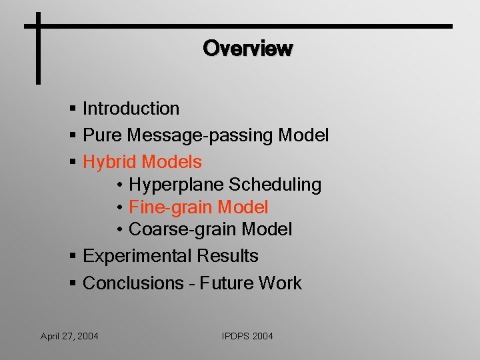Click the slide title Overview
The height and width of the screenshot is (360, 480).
[248, 48]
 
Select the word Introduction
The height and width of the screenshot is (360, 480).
[131, 109]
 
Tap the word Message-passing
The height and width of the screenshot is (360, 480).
[199, 135]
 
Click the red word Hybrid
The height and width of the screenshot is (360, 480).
[109, 162]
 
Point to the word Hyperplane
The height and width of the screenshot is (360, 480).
[176, 185]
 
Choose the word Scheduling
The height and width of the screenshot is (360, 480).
[275, 185]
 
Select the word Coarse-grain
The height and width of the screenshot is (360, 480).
[182, 229]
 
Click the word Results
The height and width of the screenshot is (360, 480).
[227, 255]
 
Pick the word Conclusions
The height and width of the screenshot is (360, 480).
[133, 283]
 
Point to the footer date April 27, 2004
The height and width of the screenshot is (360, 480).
[69, 336]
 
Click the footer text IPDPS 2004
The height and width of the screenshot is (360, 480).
[247, 336]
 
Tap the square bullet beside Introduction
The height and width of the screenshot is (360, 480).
[73, 108]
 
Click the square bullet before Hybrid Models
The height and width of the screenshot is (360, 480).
[73, 161]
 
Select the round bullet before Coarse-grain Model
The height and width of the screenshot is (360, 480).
[120, 229]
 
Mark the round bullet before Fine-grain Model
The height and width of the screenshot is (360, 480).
[120, 207]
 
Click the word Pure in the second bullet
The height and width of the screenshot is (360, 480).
[102, 135]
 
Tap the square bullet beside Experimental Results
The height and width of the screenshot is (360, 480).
[73, 255]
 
